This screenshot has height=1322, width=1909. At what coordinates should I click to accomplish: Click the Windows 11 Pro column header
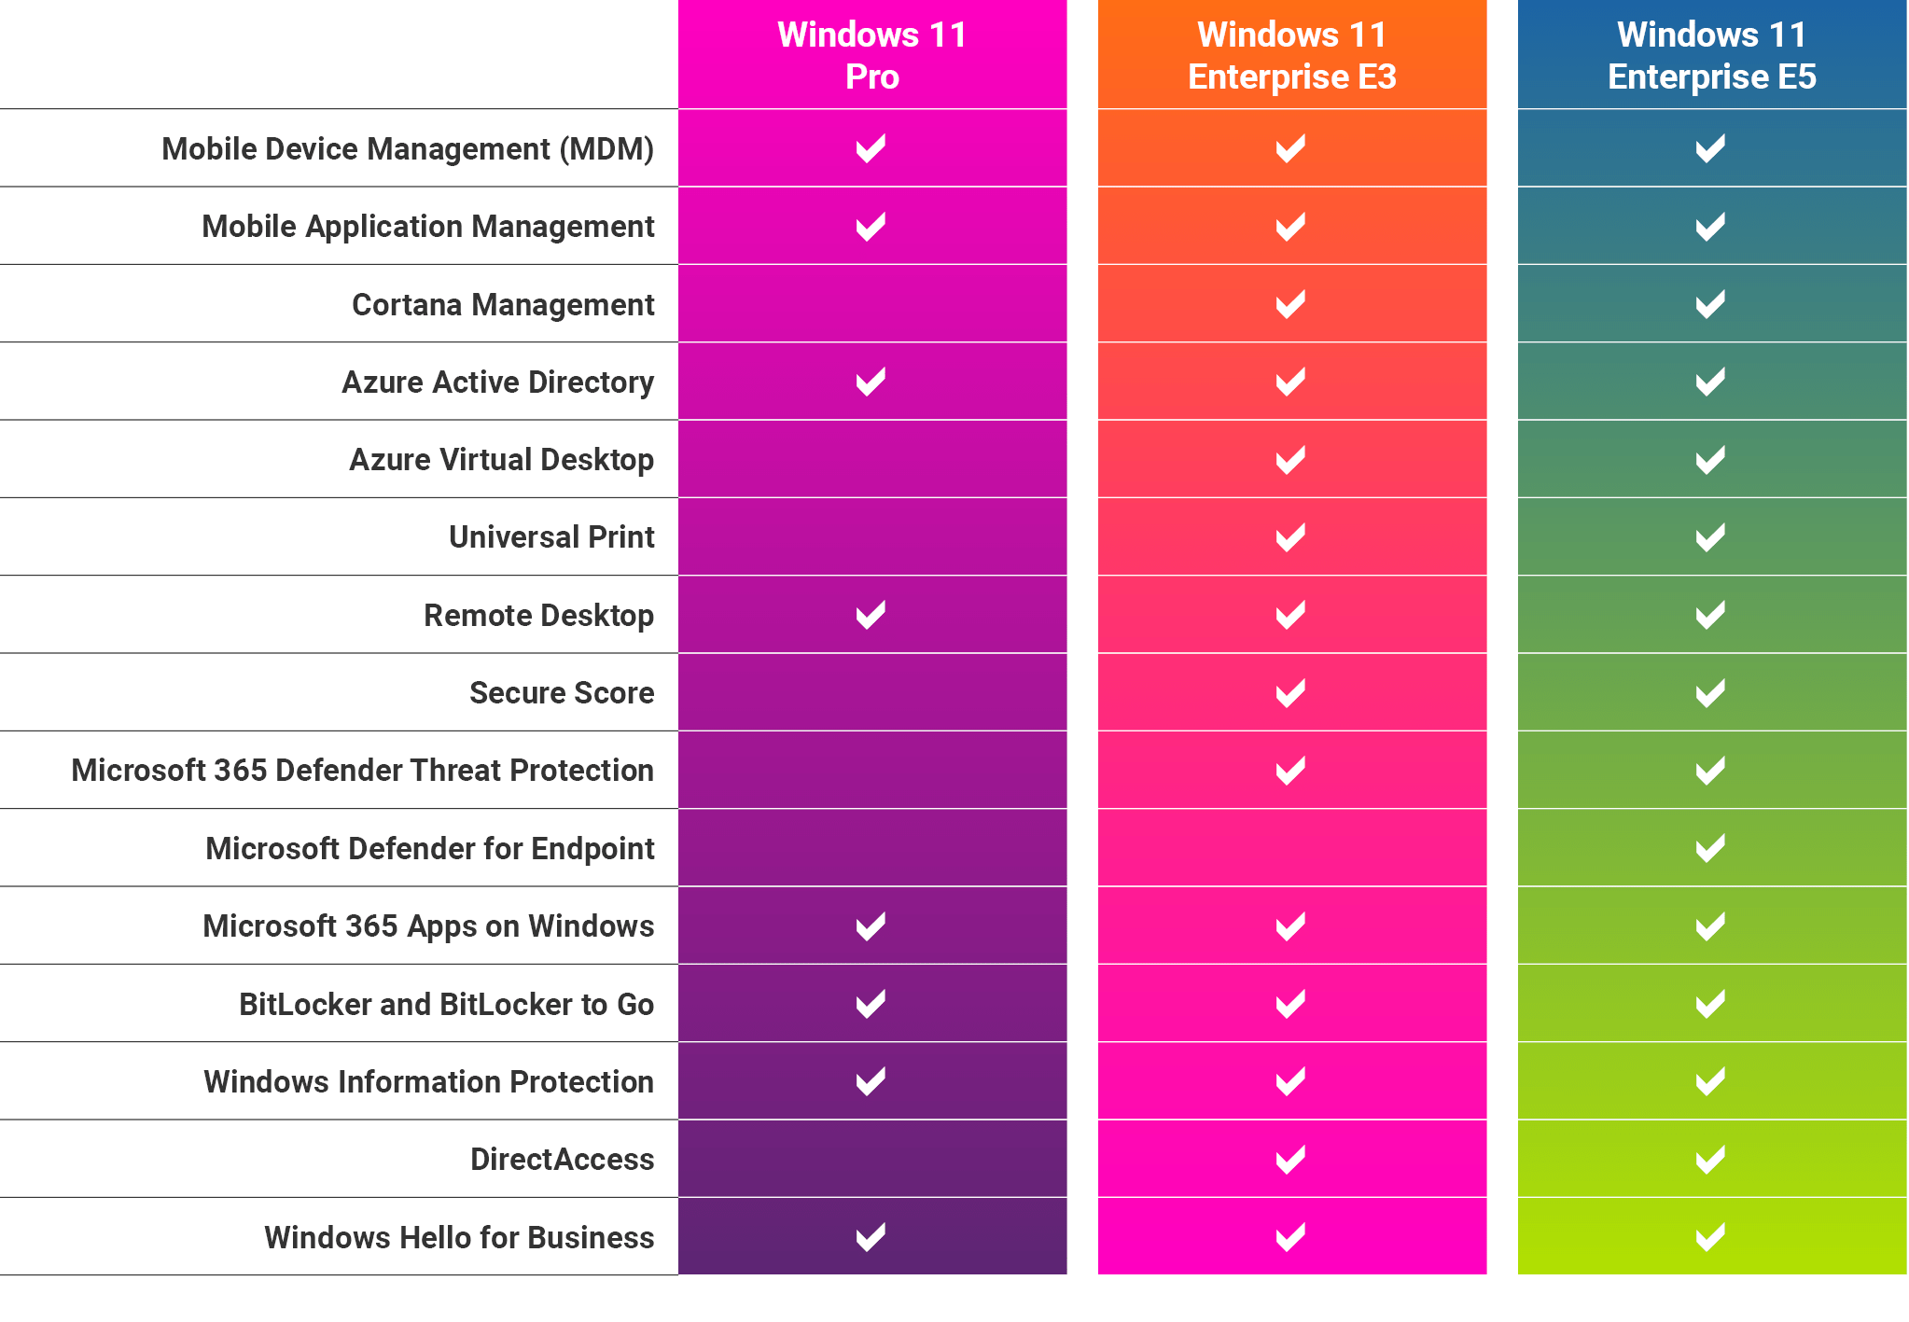click(x=871, y=55)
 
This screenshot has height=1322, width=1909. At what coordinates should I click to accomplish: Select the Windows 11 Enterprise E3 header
click(x=1291, y=55)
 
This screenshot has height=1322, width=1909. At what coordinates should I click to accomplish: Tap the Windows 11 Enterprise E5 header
click(x=1711, y=55)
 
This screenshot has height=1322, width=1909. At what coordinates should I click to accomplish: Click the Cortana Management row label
click(x=503, y=305)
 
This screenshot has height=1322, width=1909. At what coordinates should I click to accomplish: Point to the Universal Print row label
click(x=551, y=537)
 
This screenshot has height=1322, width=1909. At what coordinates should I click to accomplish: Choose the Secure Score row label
click(x=562, y=693)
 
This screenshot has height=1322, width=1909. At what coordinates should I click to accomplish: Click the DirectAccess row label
click(x=562, y=1160)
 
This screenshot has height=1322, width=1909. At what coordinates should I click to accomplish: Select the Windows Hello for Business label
click(x=459, y=1237)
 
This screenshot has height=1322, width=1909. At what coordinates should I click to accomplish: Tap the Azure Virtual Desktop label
click(x=501, y=460)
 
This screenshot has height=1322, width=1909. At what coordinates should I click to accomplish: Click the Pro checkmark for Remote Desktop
click(x=871, y=615)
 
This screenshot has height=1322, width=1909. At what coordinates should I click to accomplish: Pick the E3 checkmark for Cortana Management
click(x=1290, y=304)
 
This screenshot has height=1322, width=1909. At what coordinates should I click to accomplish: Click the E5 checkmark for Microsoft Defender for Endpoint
click(x=1710, y=848)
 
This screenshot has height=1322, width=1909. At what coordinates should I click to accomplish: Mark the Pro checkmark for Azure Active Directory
click(x=871, y=382)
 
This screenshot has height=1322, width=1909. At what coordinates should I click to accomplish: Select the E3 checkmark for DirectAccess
click(x=1290, y=1160)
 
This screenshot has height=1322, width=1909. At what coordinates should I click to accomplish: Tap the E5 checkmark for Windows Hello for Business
click(x=1710, y=1237)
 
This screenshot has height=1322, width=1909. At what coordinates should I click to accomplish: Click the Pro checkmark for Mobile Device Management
click(x=871, y=148)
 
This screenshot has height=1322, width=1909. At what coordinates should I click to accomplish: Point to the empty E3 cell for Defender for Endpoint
click(x=1291, y=848)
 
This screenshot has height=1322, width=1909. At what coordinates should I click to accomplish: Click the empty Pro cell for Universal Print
click(x=871, y=537)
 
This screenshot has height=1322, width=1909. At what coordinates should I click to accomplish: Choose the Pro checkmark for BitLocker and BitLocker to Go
click(x=871, y=1004)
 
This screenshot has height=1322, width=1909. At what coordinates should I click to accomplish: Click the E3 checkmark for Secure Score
click(x=1290, y=693)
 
